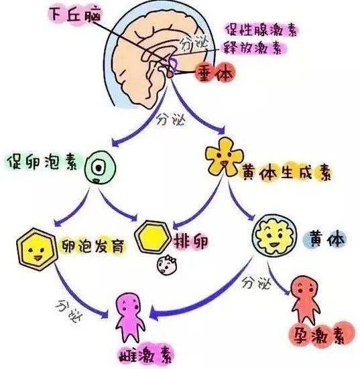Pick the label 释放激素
[x=253, y=48]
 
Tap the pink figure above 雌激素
[x=131, y=316]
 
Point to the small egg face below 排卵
[x=164, y=267]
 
